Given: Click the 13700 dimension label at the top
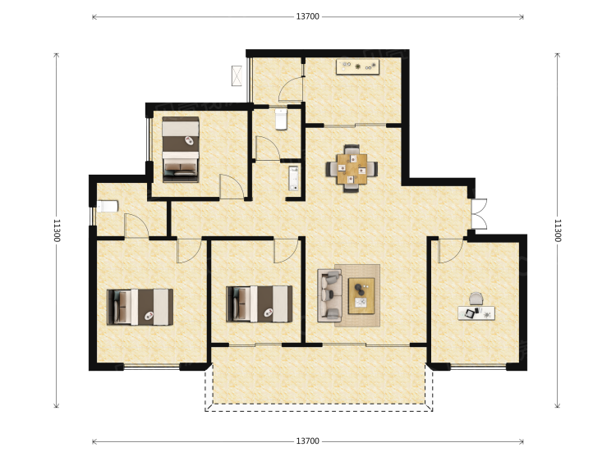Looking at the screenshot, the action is click(308, 16).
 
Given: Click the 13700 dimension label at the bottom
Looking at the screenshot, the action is click(308, 441).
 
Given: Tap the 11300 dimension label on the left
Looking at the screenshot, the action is click(57, 230).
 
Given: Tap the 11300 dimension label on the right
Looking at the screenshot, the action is click(558, 230).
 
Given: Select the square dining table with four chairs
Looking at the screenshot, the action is click(352, 169).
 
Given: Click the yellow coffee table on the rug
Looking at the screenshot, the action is click(361, 296).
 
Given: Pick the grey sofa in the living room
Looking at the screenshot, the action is click(329, 295).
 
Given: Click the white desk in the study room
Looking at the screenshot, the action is click(476, 313).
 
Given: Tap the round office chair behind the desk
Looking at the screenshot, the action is click(476, 299).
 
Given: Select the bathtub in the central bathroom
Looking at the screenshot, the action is click(293, 179).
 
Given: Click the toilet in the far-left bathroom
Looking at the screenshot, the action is click(108, 207).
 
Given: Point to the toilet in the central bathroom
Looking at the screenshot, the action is click(281, 119).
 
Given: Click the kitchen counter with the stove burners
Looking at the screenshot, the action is click(357, 66).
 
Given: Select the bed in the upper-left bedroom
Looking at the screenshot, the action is click(181, 149).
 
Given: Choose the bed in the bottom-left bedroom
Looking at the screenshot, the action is click(140, 308).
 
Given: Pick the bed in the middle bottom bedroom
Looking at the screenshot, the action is click(260, 304).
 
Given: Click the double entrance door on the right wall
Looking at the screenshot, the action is click(480, 214).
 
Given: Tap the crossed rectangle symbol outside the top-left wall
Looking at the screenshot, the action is click(237, 75).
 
